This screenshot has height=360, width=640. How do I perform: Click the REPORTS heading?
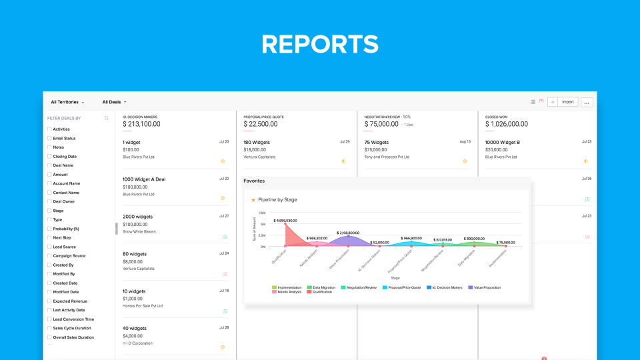tap(320, 44)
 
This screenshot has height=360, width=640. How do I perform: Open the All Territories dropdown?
tap(67, 102)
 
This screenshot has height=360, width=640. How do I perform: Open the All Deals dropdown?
tap(114, 102)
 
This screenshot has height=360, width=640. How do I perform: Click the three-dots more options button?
tap(587, 102)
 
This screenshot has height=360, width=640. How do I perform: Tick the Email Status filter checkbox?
tap(49, 138)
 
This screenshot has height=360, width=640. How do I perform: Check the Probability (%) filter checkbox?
tap(49, 229)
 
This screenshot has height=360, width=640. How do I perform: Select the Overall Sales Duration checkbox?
tap(49, 337)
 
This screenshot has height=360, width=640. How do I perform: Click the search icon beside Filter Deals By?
tap(106, 118)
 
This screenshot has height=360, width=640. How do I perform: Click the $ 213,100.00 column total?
tap(141, 124)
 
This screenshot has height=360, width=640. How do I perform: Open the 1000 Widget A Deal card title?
tap(144, 179)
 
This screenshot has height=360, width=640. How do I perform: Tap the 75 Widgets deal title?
tap(377, 142)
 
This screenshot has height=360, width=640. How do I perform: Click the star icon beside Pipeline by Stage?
tap(253, 200)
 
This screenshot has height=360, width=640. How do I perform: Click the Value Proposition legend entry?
tap(485, 287)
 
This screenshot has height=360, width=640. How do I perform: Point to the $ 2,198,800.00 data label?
tap(348, 233)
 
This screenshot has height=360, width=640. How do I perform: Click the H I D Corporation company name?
tap(138, 343)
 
